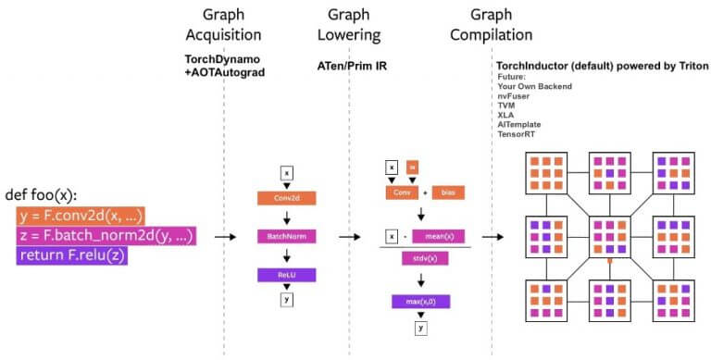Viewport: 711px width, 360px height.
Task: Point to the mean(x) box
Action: tap(445, 238)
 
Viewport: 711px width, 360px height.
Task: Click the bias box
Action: tap(448, 192)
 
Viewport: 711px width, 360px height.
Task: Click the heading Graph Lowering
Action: tap(350, 25)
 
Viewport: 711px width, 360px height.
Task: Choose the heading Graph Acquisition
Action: tap(224, 25)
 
